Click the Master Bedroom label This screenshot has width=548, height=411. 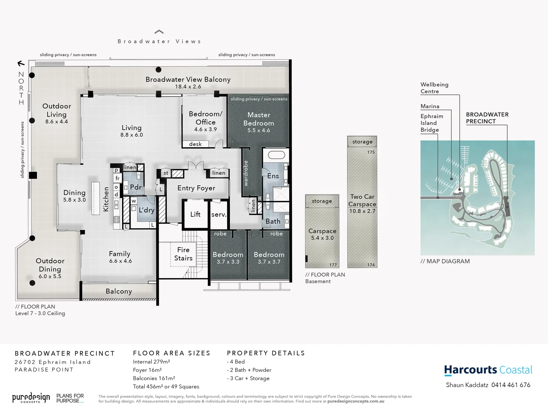(259, 119)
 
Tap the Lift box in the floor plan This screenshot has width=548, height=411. (195, 215)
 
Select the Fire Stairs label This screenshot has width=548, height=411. (183, 254)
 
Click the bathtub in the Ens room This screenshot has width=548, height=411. (276, 155)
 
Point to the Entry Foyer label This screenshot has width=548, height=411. (196, 188)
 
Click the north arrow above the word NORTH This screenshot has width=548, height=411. (21, 64)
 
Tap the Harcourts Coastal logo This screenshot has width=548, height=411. (488, 370)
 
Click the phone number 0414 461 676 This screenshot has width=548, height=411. (511, 385)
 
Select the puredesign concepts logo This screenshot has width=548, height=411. (31, 398)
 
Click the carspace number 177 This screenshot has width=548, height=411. (333, 265)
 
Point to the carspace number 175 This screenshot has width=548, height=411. (371, 152)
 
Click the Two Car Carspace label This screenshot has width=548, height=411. (362, 200)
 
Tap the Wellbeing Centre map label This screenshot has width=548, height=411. (434, 88)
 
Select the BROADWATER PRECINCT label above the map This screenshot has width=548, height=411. (487, 118)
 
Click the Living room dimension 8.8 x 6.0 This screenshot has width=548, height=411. (132, 135)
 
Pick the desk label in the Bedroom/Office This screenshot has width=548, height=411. (195, 144)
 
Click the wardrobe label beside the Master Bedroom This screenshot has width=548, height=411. (246, 173)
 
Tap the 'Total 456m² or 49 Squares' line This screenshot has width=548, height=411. (166, 387)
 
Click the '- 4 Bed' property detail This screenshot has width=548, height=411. (236, 362)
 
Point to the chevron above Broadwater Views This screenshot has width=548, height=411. (159, 32)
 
